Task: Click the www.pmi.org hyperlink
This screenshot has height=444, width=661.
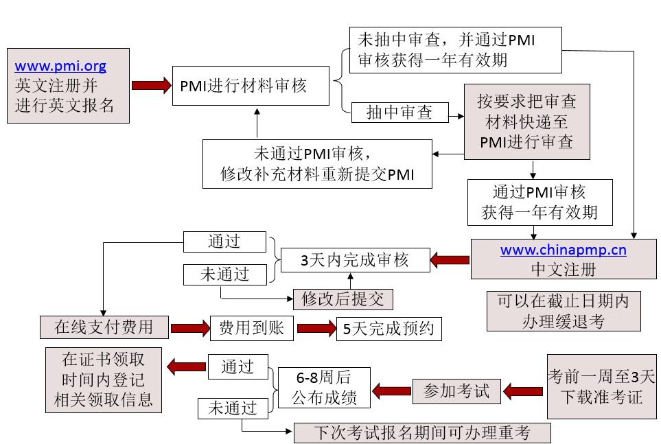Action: (x=60, y=67)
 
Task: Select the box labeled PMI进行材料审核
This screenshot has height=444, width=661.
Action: (x=251, y=86)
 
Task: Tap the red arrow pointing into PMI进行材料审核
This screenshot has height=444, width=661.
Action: (x=150, y=85)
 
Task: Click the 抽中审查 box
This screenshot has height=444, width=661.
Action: (x=400, y=113)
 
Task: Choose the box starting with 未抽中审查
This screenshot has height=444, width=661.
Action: (x=455, y=49)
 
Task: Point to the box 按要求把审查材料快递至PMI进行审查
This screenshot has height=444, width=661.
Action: (x=526, y=121)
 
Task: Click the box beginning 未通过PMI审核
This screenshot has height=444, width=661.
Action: (x=317, y=163)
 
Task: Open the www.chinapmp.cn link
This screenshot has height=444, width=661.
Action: (x=563, y=250)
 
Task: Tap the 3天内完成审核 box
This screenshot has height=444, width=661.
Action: (x=354, y=260)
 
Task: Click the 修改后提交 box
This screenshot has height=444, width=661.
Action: (x=343, y=299)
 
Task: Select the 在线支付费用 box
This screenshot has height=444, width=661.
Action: (x=104, y=327)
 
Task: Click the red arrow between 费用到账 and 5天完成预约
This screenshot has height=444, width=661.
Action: (x=316, y=329)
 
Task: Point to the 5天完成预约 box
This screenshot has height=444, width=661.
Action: (x=388, y=329)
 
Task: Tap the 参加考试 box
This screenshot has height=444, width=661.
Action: (x=456, y=390)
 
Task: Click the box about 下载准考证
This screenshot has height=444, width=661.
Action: (x=601, y=386)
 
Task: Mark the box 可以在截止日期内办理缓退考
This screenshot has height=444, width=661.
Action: (x=562, y=311)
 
